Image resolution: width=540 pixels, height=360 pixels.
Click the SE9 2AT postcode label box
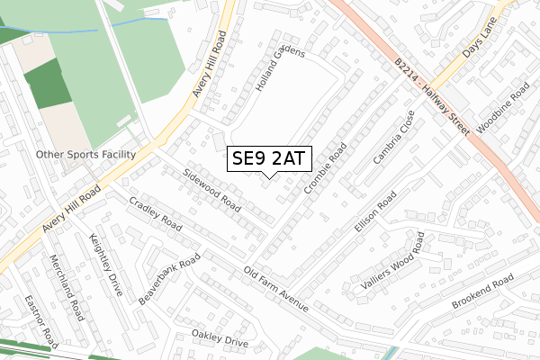(269, 159)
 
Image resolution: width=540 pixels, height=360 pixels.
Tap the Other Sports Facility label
(85, 155)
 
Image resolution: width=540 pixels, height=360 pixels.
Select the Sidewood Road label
(211, 187)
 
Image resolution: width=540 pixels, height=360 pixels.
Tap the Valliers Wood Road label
(388, 261)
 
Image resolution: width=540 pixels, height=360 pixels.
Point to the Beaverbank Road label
(169, 279)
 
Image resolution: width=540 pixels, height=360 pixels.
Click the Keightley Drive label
(105, 261)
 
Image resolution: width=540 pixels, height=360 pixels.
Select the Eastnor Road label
(40, 321)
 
